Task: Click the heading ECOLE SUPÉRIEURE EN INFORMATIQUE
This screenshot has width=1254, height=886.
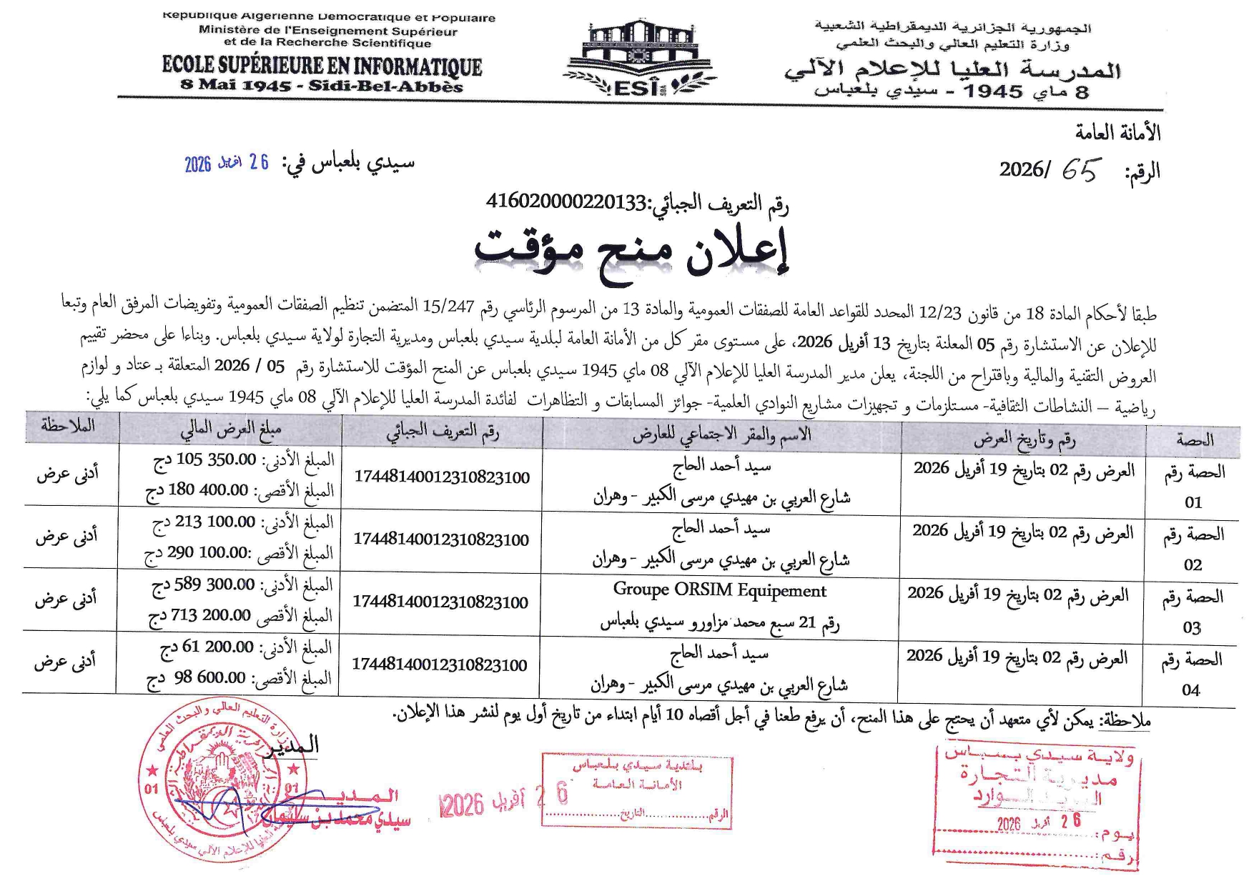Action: [322, 66]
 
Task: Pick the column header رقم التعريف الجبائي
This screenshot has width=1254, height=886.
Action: [443, 431]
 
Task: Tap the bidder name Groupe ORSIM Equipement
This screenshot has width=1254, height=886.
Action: [719, 591]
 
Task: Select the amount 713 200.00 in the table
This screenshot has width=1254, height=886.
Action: [200, 615]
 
